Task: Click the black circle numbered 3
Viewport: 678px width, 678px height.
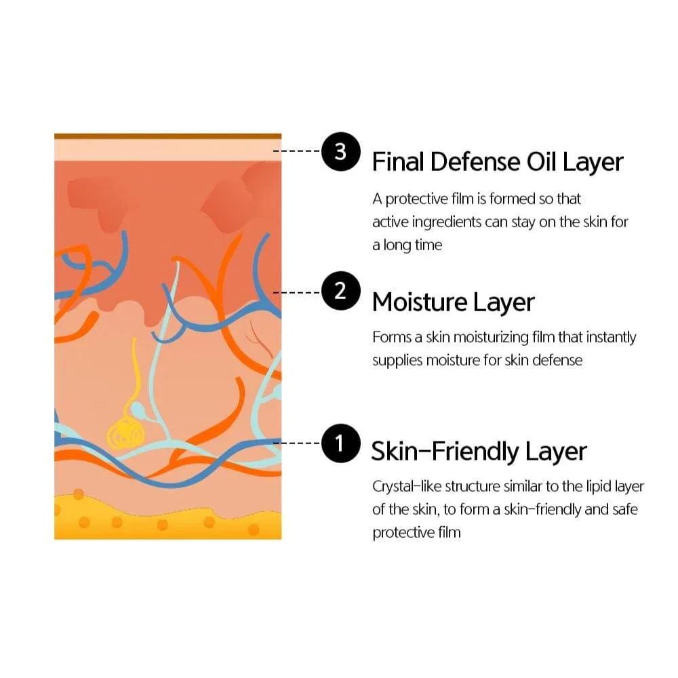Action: (341, 151)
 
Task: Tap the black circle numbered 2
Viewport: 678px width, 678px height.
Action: (341, 291)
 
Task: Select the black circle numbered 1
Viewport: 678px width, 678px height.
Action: (341, 443)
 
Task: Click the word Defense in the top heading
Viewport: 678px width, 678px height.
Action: (475, 162)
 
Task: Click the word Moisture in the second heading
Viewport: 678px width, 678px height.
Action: (419, 302)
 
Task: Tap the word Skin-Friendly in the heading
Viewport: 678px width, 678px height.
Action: (445, 452)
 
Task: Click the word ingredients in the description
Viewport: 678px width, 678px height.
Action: (447, 222)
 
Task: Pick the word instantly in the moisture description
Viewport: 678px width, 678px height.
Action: (611, 337)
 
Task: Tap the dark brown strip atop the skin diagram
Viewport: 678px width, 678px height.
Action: (167, 136)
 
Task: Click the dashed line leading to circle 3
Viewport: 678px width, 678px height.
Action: (297, 151)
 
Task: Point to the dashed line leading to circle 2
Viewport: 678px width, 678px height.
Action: (297, 293)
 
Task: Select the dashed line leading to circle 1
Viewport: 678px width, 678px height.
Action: (297, 443)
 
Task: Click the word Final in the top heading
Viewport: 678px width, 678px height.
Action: (398, 162)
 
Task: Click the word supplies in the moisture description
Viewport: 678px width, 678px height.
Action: (397, 361)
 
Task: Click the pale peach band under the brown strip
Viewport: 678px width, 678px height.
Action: (167, 150)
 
